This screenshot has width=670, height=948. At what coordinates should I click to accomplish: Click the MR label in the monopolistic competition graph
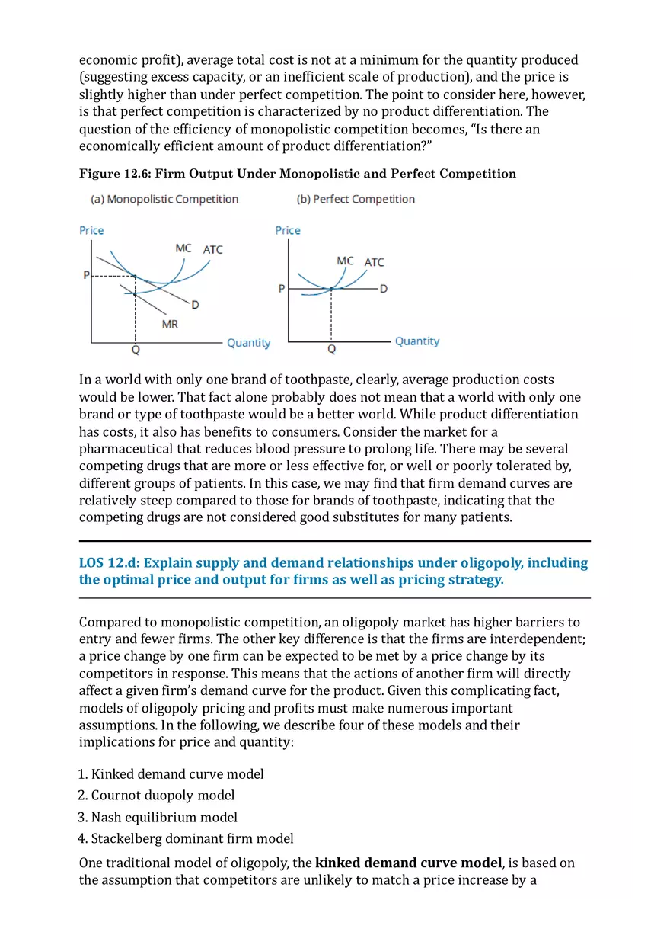[x=170, y=324]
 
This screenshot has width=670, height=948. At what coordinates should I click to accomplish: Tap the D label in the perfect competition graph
[x=383, y=289]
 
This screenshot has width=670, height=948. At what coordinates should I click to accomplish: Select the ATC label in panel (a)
[x=213, y=249]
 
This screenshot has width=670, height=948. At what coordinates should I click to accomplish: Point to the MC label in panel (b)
[x=345, y=261]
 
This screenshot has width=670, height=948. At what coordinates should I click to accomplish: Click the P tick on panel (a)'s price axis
[x=86, y=275]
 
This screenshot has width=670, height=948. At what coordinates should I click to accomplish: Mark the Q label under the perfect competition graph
[x=331, y=349]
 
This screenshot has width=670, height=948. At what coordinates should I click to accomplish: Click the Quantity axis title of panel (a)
[x=248, y=343]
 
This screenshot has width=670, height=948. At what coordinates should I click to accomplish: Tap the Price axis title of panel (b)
[x=288, y=230]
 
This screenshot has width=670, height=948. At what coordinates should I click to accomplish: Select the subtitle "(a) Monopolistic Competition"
[x=164, y=199]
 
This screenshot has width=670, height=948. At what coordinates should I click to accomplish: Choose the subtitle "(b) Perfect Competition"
[x=356, y=199]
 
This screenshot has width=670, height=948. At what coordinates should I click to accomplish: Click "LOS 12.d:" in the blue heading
[x=109, y=563]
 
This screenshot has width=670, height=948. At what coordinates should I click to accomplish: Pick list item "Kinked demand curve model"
[x=177, y=774]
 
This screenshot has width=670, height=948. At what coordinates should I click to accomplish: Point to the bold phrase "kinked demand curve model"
[x=408, y=863]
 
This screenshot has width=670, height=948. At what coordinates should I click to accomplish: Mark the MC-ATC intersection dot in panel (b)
[x=331, y=289]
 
